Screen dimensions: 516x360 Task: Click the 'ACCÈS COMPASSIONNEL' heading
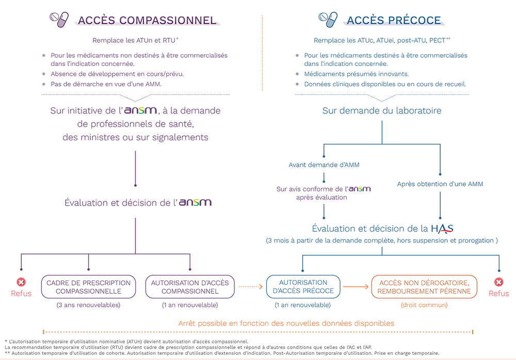(x=147, y=21)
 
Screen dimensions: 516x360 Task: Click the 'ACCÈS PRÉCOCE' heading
(x=394, y=21)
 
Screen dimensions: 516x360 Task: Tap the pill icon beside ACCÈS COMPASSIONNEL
(x=59, y=20)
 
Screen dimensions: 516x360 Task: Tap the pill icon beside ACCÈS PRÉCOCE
(x=328, y=20)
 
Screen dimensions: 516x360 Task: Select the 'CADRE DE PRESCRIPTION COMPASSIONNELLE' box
(x=89, y=287)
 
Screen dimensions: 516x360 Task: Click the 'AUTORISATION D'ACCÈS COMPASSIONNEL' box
(x=190, y=287)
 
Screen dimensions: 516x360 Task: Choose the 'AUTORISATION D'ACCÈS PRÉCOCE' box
(x=303, y=287)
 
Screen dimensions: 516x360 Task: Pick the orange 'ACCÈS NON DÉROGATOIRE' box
(x=424, y=287)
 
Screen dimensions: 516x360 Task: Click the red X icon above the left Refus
(x=21, y=282)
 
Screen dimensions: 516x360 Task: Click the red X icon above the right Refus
(x=499, y=282)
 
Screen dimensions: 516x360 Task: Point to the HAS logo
(x=442, y=229)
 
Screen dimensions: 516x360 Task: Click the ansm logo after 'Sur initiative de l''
(x=140, y=111)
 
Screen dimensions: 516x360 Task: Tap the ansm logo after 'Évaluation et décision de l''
(x=195, y=202)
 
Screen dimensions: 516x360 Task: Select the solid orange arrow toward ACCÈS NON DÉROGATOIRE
(x=356, y=287)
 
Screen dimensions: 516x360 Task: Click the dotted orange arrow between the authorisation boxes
(x=251, y=287)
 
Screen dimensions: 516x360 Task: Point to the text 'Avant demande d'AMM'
(x=324, y=165)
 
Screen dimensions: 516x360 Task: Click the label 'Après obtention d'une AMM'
(x=440, y=184)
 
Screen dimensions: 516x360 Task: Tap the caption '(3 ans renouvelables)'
(x=89, y=305)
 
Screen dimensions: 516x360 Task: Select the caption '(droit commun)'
(x=424, y=305)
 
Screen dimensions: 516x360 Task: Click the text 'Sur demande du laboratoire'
(x=382, y=111)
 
